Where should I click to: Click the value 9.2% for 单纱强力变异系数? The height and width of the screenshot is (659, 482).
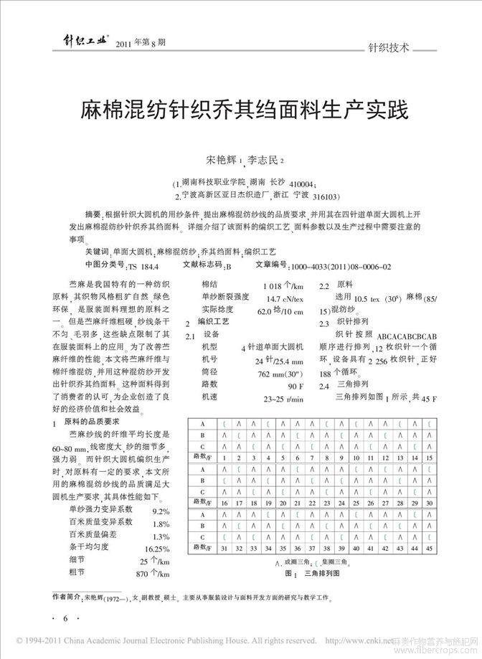(x=160, y=511)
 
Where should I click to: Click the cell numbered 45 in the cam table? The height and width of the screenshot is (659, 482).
(x=429, y=549)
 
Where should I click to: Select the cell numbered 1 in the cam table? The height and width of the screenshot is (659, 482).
(x=222, y=457)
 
